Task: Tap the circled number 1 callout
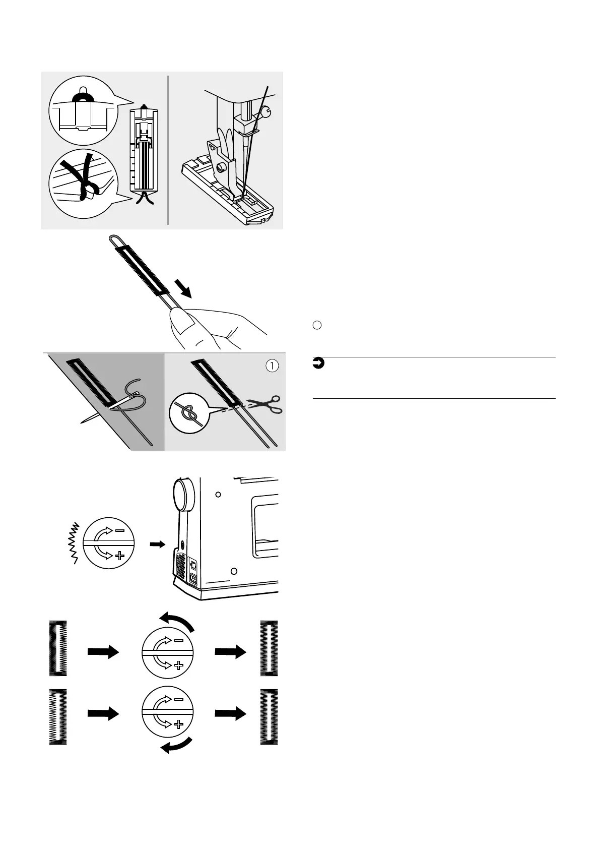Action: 272,366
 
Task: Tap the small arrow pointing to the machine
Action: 158,544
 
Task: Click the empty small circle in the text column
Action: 317,326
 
